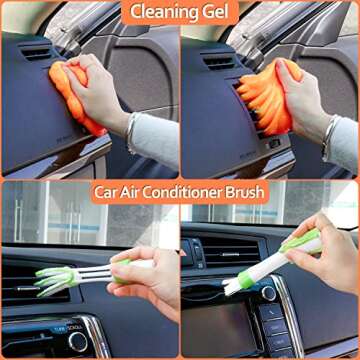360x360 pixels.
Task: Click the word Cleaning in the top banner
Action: point(166,13)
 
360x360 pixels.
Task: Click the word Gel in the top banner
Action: point(216,13)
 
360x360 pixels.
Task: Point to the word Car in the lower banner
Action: point(108,191)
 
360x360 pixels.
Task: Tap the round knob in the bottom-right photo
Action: point(265,293)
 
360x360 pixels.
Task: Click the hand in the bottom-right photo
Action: point(325,262)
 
